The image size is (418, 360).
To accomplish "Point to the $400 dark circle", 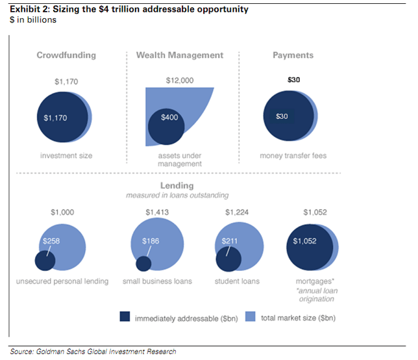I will pos(166,125).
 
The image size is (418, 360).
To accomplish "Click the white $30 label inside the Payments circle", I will pos(281,117).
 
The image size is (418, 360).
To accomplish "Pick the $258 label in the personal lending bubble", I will pos(52,242).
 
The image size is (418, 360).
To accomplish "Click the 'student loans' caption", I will pos(237,281).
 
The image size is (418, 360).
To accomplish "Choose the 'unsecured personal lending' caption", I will pos(64,281).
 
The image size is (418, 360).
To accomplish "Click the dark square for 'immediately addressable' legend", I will pos(125,318).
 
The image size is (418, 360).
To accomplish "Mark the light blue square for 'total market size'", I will pos(251,318).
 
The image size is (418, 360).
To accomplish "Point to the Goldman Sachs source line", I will pos(93,352).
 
